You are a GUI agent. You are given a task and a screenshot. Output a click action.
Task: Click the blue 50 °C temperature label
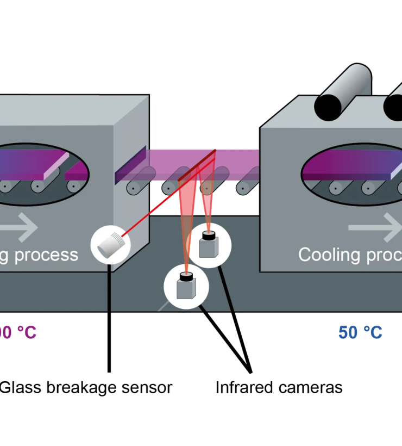pos(360,332)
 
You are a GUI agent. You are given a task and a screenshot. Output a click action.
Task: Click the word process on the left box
pos(46,255)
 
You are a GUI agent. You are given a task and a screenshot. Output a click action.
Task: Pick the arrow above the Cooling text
pos(375,227)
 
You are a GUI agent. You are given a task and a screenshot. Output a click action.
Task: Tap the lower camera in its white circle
pos(186,286)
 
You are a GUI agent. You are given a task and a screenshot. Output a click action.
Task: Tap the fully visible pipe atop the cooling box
pos(343,92)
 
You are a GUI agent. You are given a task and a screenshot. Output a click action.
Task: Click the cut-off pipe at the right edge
pos(394,101)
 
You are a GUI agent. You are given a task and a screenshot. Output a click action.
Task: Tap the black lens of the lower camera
pos(186,276)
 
